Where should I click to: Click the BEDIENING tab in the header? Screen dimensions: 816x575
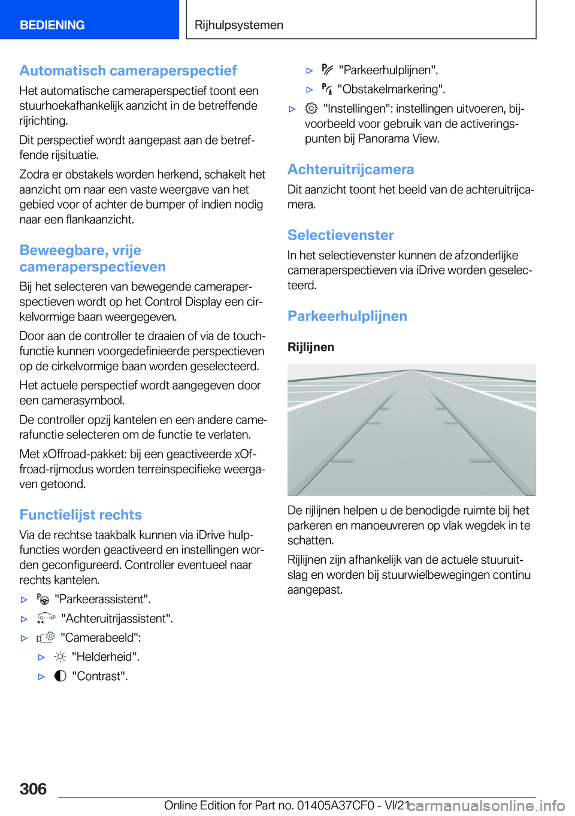coord(52,25)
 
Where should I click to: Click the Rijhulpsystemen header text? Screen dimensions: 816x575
coord(239,25)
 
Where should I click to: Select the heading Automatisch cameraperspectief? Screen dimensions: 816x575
coord(128,71)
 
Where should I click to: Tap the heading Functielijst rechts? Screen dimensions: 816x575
coord(80,515)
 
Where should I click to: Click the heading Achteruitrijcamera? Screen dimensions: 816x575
coord(350,170)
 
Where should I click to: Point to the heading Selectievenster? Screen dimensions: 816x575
coord(340,235)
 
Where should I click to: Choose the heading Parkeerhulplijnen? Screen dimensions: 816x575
coord(347,316)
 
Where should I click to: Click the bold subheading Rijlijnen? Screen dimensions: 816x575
coord(311,347)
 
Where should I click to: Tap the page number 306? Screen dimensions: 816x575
coord(33,788)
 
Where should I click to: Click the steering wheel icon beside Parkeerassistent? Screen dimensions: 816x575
coord(43,599)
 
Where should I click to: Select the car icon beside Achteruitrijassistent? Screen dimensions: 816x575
coord(46,618)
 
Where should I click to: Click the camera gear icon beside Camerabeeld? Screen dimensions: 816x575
coord(46,637)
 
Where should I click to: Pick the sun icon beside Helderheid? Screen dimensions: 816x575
coord(60,657)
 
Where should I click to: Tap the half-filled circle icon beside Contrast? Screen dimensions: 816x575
coord(60,676)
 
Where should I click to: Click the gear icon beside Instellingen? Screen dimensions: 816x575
coord(311,108)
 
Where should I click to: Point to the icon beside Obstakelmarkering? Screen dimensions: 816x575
coord(327,89)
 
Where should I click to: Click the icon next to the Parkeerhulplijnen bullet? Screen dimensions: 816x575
coord(327,69)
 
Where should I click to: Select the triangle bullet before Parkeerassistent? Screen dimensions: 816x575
coord(24,600)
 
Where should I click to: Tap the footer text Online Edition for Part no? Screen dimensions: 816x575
coord(228,805)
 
